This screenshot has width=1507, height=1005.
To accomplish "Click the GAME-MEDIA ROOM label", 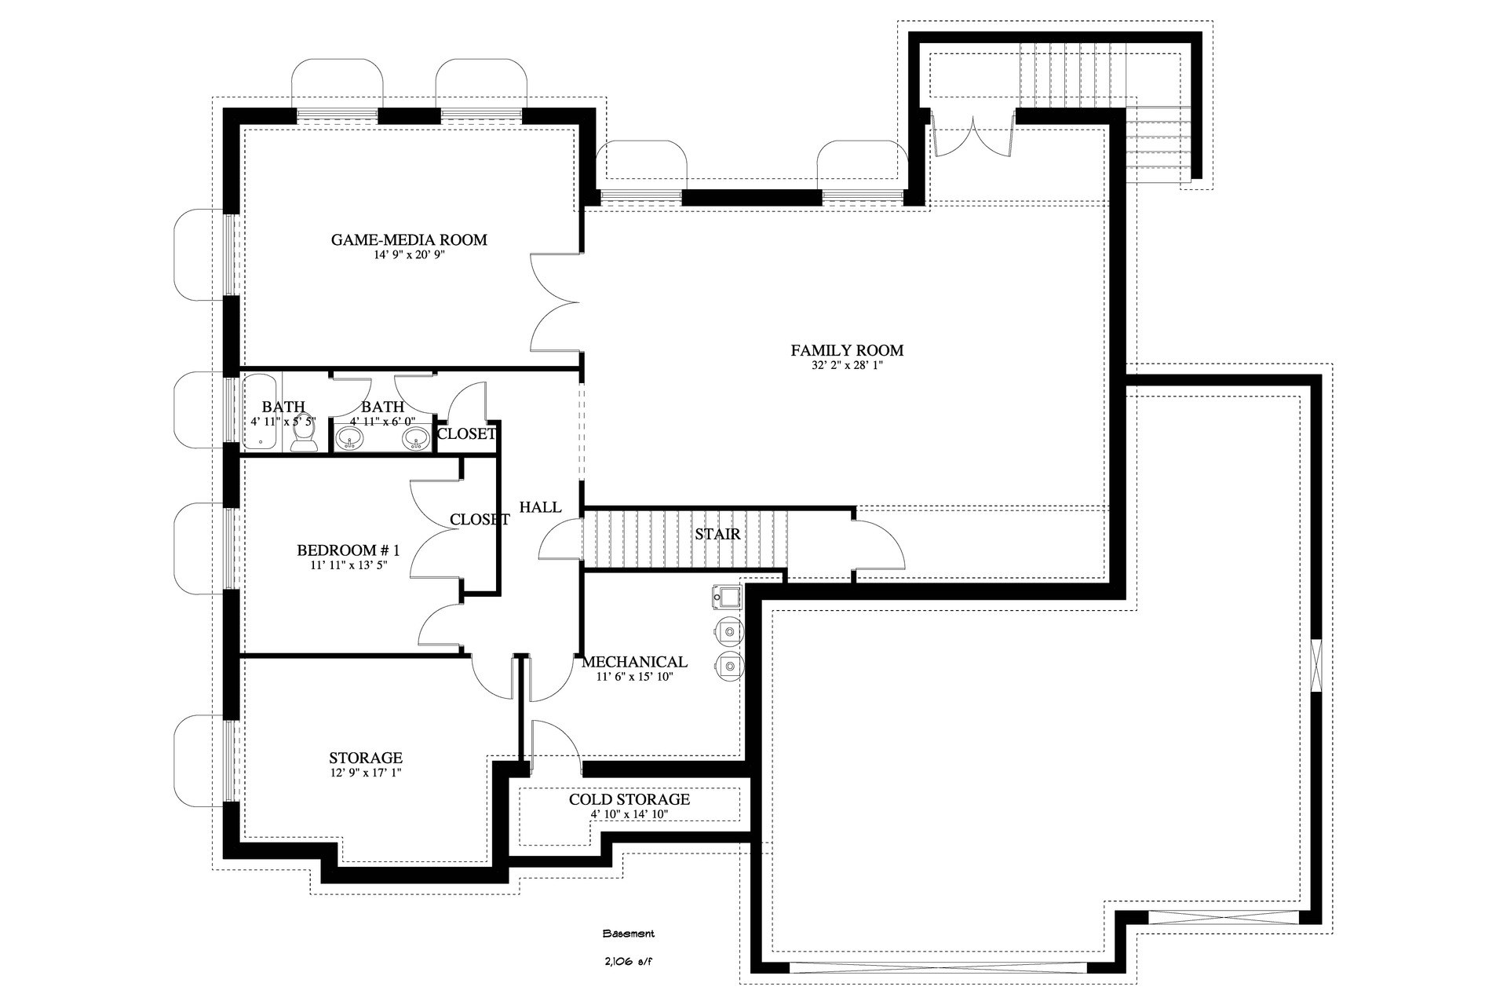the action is (409, 239).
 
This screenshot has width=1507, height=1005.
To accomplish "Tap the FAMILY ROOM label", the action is (847, 350).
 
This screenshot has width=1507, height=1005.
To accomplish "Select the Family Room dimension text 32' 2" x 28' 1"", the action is (847, 365).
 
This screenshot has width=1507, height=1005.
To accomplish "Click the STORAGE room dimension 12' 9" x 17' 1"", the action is (366, 773).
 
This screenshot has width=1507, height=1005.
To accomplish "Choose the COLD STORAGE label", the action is (629, 799).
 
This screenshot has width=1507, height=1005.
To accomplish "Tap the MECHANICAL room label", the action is (634, 662).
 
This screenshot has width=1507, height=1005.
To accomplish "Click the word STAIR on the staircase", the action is (717, 534).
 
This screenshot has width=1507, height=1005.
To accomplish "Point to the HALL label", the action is (540, 507).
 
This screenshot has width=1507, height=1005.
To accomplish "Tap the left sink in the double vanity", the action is (349, 440).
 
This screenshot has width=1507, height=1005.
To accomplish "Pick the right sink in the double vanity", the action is (415, 440).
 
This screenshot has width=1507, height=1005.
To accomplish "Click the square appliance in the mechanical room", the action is (726, 598).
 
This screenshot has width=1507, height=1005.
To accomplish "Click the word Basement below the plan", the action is (628, 934).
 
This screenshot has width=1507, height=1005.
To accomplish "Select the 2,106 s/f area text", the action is (628, 960).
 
